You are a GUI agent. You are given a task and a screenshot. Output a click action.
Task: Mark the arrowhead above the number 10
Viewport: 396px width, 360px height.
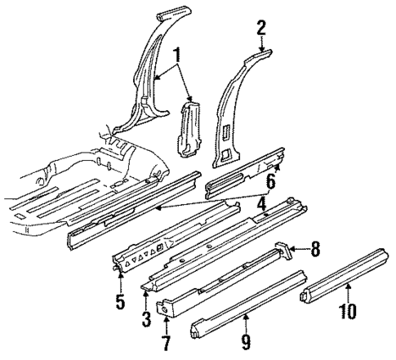coord(347,287)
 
